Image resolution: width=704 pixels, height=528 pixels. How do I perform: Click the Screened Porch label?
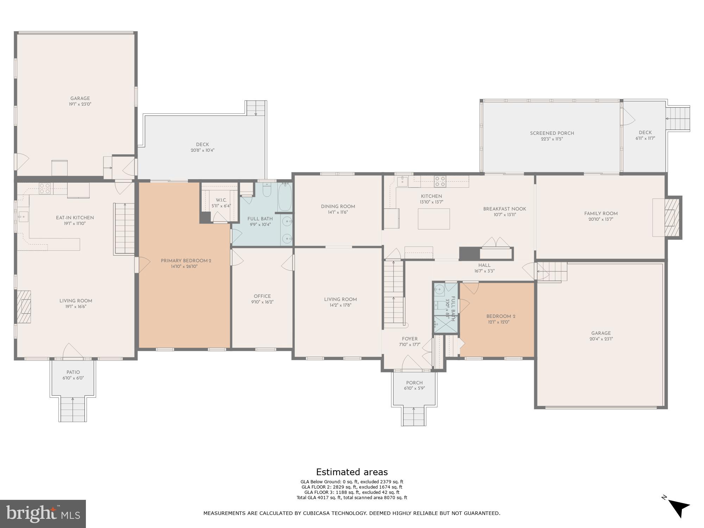click(x=552, y=133)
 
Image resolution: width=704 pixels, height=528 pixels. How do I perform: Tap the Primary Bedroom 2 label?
click(x=186, y=261)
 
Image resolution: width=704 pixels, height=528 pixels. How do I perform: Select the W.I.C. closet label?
click(x=221, y=200)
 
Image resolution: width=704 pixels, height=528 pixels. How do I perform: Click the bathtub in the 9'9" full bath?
click(x=284, y=197)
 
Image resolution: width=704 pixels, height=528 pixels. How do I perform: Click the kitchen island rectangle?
click(x=434, y=219)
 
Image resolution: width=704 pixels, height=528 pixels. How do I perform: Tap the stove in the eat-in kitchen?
click(x=44, y=189)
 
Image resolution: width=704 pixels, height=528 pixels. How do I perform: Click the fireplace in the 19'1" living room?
click(x=24, y=307)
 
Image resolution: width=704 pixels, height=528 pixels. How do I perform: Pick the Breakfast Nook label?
click(x=504, y=209)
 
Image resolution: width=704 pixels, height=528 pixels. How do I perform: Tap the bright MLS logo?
click(x=43, y=514)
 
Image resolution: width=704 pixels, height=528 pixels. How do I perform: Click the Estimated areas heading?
click(x=352, y=472)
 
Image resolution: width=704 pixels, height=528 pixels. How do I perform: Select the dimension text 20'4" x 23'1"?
click(x=601, y=339)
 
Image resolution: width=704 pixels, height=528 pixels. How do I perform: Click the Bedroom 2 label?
click(x=501, y=316)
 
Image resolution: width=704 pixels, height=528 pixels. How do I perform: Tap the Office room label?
click(x=262, y=296)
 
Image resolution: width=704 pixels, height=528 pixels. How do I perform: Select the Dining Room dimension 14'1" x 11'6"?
click(x=338, y=212)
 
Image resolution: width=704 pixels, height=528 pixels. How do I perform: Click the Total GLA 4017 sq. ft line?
click(x=352, y=498)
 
